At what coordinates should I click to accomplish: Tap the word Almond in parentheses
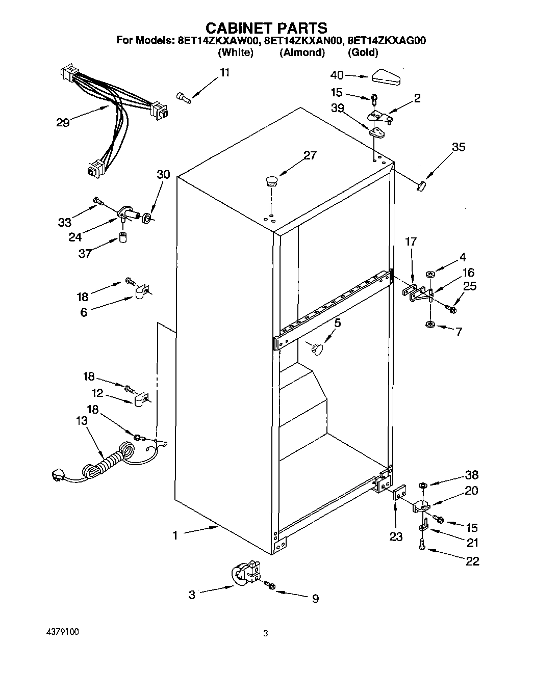(302, 52)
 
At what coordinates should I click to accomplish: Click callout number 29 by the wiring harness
(63, 123)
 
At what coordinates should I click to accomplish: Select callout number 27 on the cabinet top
(310, 155)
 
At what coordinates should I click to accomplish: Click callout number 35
(459, 147)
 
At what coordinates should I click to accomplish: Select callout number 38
(471, 475)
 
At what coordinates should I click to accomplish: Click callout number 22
(472, 561)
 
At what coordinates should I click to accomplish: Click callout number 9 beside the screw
(315, 599)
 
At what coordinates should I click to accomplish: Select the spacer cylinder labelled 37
(123, 238)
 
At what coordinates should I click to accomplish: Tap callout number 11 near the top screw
(224, 72)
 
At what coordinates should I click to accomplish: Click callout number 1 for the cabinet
(175, 535)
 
